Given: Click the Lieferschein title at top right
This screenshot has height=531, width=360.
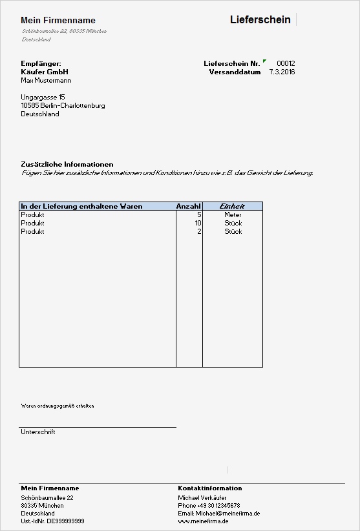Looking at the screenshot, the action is pyautogui.click(x=260, y=20).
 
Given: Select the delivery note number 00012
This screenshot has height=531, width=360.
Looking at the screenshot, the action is pyautogui.click(x=286, y=63).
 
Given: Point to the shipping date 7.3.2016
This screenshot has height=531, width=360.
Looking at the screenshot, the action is pyautogui.click(x=282, y=72).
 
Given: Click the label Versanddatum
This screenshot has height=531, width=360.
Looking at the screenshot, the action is pyautogui.click(x=234, y=72).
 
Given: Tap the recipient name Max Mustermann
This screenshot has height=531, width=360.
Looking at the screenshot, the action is pyautogui.click(x=46, y=81).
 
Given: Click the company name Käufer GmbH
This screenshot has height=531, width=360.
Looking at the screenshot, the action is pyautogui.click(x=44, y=72).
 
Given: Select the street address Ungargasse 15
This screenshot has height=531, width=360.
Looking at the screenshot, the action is pyautogui.click(x=43, y=97).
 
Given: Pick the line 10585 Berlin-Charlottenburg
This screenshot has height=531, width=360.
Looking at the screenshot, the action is pyautogui.click(x=63, y=105).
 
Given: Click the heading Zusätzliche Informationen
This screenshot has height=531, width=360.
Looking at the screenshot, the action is pyautogui.click(x=67, y=165).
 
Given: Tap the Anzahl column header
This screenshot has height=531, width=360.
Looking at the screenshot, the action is pyautogui.click(x=188, y=206).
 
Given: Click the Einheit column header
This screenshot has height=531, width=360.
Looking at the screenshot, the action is pyautogui.click(x=233, y=206).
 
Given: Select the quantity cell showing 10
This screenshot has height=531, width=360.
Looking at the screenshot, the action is pyautogui.click(x=198, y=223).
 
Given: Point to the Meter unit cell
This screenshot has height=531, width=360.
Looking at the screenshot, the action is pyautogui.click(x=233, y=214).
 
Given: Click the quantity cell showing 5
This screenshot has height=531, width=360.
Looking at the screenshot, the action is pyautogui.click(x=199, y=214).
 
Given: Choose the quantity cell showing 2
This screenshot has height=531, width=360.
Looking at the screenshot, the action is pyautogui.click(x=199, y=231).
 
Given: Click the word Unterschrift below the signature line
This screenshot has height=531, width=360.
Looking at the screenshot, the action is pyautogui.click(x=38, y=432).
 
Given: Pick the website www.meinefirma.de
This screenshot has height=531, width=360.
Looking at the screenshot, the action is pyautogui.click(x=203, y=521).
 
